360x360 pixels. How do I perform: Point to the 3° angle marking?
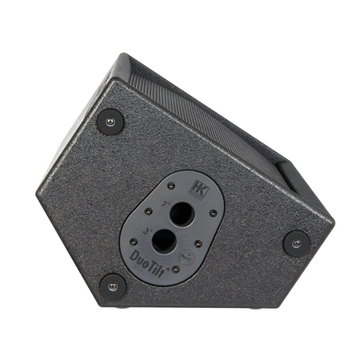coord(147,230)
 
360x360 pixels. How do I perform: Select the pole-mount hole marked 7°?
coord(182,214)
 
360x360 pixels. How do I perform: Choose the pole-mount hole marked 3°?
coord(165,240)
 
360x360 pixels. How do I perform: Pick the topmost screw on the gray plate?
coord(171,186)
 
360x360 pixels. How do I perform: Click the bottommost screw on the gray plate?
coord(175,269)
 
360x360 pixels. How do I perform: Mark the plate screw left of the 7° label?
coord(148,213)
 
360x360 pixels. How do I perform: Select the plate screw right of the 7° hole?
coord(212,213)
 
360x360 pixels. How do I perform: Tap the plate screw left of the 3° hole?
coord(132,241)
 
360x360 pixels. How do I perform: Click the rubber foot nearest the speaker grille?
coord(110,122)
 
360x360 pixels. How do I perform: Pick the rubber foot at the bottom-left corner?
coord(112,285)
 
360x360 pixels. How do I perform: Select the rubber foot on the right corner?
coord(296,243)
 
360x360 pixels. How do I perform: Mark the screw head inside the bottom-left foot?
coord(112,285)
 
